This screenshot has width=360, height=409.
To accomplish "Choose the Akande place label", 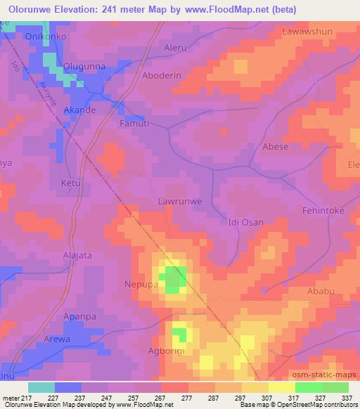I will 79,110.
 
